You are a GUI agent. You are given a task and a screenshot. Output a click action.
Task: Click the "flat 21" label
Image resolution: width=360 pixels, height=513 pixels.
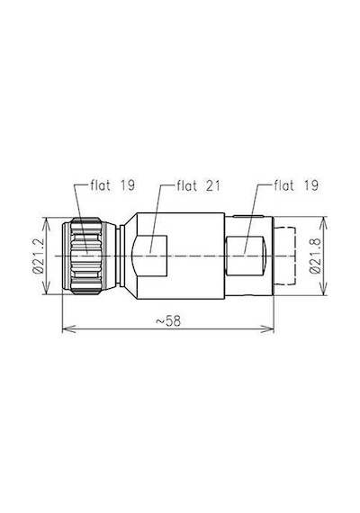[x=199, y=185]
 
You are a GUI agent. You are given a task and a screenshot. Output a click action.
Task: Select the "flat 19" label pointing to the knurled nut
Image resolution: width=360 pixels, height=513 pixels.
[x=112, y=185]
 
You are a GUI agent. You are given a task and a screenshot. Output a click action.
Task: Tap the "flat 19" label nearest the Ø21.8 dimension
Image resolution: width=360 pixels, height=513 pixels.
[x=296, y=185]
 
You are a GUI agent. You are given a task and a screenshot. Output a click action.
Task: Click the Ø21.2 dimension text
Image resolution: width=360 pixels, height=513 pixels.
[x=39, y=256]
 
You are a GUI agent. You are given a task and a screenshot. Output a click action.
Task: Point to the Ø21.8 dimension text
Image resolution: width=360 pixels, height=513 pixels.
[x=315, y=256]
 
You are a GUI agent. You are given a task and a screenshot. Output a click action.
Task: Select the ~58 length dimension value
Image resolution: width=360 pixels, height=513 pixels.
[x=168, y=321]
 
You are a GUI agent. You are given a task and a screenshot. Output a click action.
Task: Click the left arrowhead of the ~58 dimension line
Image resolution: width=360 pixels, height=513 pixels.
[x=68, y=328]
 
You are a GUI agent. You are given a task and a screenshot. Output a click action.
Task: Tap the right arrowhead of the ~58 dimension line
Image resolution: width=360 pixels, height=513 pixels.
[x=266, y=328]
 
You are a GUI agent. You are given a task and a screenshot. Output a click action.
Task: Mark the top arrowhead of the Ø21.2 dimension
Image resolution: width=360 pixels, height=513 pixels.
[x=48, y=224]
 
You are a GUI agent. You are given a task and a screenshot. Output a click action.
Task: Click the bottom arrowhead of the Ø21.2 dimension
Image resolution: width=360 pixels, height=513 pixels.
[x=48, y=287]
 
